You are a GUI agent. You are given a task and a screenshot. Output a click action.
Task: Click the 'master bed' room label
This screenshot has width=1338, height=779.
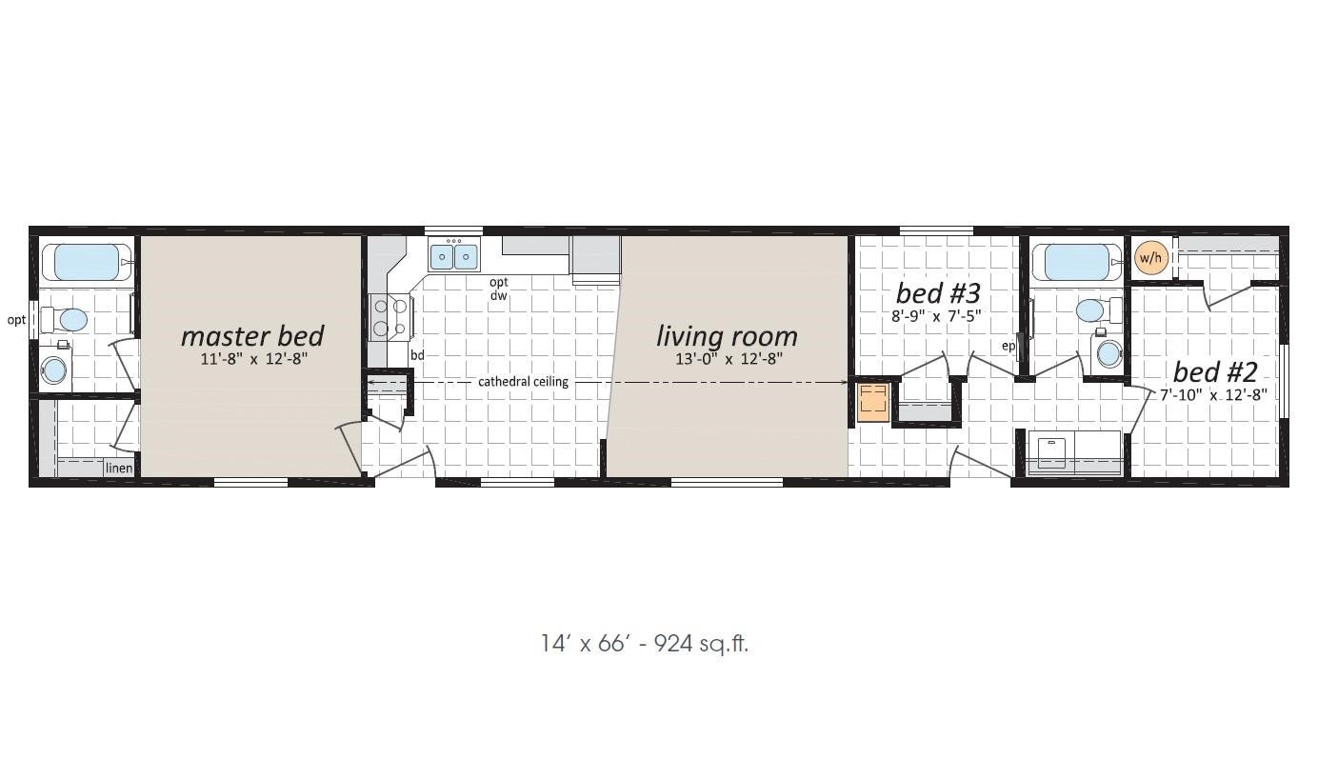[x=252, y=336]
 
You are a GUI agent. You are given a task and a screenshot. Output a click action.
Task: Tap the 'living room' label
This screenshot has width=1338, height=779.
[x=727, y=336]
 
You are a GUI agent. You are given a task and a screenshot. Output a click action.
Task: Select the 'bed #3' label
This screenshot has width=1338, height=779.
[x=938, y=293]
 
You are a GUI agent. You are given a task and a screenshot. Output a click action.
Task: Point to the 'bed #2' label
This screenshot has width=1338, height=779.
[x=1215, y=372]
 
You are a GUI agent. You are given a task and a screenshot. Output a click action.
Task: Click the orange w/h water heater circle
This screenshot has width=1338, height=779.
[x=1151, y=258]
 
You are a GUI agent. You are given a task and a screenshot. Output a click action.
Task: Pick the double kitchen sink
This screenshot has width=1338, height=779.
[x=454, y=257]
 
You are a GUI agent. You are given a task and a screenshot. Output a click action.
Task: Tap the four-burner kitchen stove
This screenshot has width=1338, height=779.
[x=389, y=318]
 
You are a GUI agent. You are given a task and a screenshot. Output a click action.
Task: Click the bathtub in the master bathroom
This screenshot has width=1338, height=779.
[x=88, y=262]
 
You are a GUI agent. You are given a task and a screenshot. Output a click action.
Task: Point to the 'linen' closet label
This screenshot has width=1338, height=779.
[x=119, y=469]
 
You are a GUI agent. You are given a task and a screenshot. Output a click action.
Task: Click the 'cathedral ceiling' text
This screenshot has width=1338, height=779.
[x=523, y=382]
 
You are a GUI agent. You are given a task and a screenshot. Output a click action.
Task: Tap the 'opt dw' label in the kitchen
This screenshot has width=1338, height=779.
[x=499, y=289]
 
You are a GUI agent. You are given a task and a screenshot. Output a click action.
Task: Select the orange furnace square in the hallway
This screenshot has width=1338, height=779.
[x=873, y=403]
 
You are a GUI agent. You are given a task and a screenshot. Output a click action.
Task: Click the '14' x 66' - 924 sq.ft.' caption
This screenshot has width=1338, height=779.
[x=645, y=644]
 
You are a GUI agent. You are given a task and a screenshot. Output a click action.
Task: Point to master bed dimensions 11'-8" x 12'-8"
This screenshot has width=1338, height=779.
[x=254, y=359]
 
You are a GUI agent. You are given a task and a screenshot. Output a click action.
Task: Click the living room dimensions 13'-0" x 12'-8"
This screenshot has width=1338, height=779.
[x=729, y=359]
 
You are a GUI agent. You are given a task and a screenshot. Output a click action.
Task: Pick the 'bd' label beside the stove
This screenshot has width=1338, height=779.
[x=417, y=355]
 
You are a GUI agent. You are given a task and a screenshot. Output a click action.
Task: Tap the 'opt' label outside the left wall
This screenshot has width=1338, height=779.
[x=16, y=320]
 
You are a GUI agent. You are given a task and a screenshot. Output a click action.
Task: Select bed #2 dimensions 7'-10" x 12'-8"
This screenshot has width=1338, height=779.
[x=1214, y=395]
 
